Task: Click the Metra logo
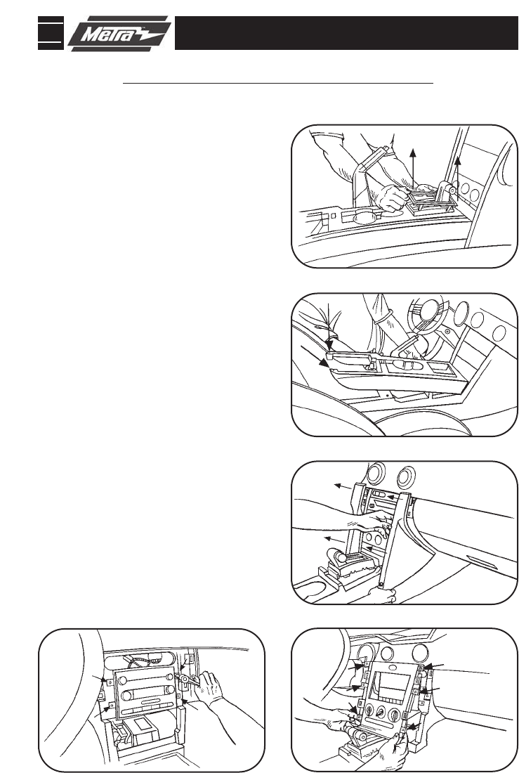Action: tap(119, 33)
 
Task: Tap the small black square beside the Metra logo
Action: tap(51, 33)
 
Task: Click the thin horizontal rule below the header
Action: tap(277, 84)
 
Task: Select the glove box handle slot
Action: tap(478, 560)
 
